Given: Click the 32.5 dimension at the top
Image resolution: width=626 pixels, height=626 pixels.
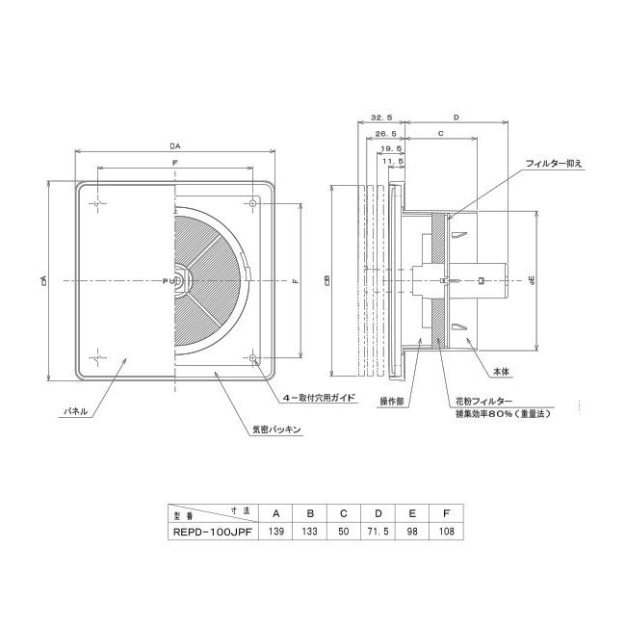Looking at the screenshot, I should point(381,117).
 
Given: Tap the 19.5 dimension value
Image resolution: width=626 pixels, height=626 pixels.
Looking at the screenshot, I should point(390,149).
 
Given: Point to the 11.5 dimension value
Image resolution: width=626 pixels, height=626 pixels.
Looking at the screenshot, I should point(395,165).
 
